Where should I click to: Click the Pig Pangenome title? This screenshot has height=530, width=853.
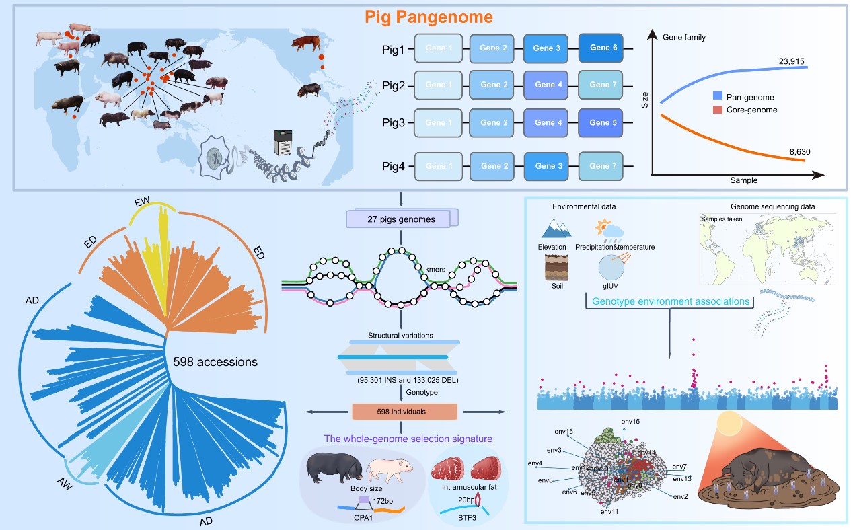pos(430,16)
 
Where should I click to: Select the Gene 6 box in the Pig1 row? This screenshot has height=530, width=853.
pos(601,48)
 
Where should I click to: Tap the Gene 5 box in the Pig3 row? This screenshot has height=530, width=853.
pos(601,123)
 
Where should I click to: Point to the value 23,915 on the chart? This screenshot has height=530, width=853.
pos(791,61)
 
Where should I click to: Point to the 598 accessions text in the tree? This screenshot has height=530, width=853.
pos(215,361)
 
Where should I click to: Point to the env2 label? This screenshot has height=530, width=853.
pos(680,496)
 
